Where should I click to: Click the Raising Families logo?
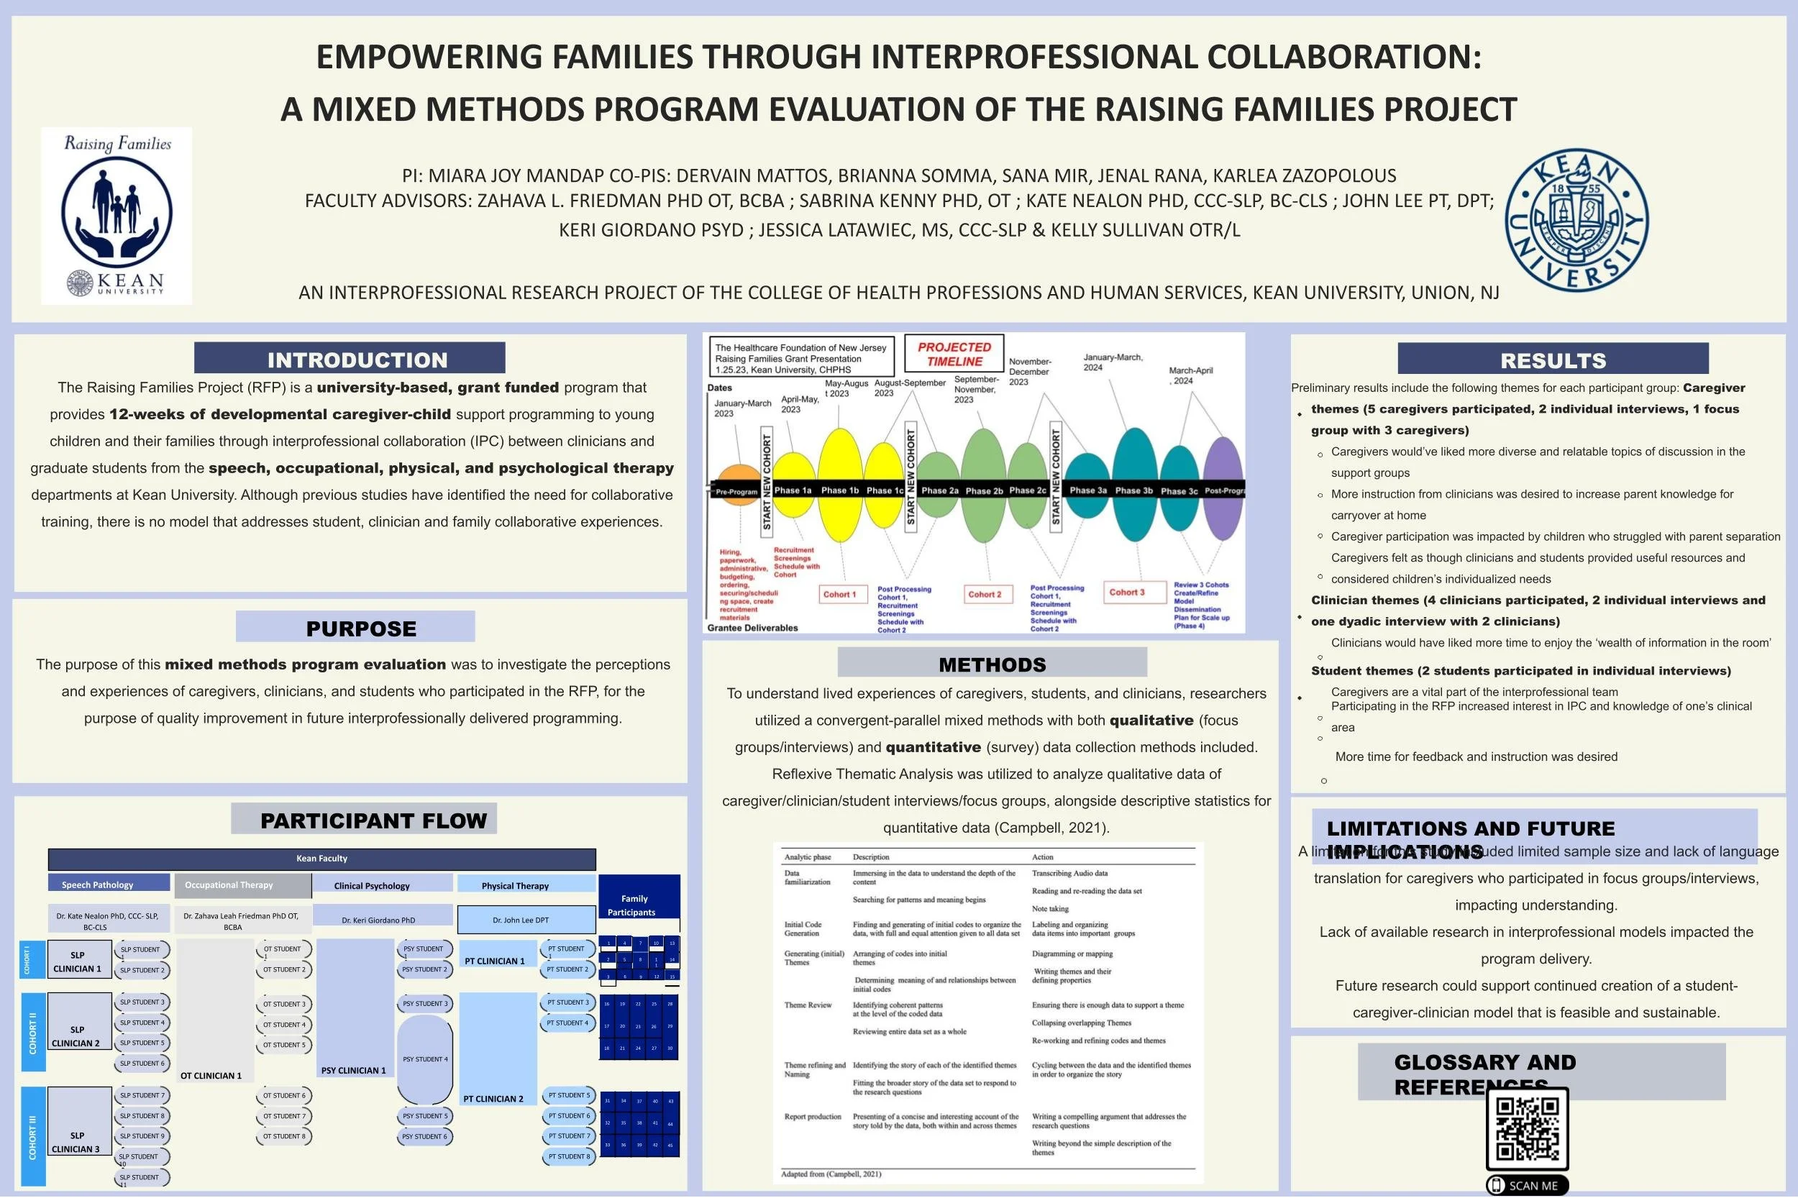[116, 216]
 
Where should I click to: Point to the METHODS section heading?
[992, 664]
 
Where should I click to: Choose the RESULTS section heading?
[1553, 360]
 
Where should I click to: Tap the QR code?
[1527, 1129]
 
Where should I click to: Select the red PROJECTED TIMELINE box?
[954, 355]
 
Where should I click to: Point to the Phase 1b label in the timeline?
[840, 490]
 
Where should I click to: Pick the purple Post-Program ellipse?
[1223, 490]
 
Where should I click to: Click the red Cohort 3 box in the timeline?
[1126, 592]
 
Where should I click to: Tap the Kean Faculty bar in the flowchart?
[321, 859]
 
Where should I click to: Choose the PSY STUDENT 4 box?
[425, 1059]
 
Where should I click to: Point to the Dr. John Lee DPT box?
[526, 920]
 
